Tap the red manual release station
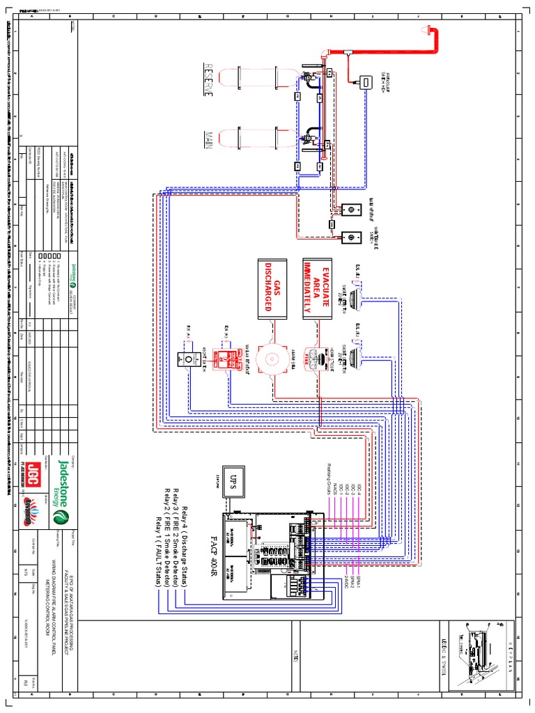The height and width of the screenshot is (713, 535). (x=226, y=359)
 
